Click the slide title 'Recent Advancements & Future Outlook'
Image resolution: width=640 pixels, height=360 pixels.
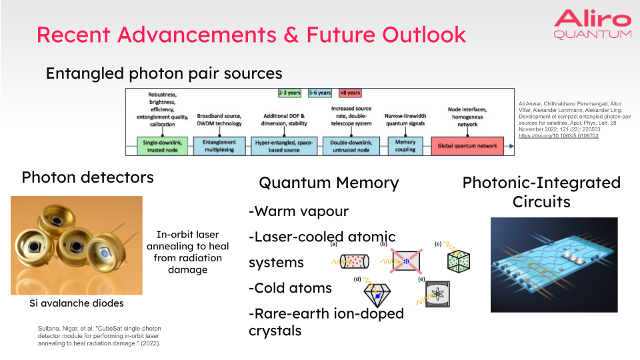(x=251, y=34)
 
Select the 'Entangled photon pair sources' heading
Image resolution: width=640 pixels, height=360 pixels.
(x=164, y=73)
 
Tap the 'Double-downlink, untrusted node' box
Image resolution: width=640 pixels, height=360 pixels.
(x=351, y=145)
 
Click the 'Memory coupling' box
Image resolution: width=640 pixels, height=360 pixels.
(x=405, y=145)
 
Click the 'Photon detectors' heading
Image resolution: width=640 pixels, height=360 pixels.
(x=87, y=177)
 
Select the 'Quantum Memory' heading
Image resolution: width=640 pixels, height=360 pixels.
(x=328, y=183)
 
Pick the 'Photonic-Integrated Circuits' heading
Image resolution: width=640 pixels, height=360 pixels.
(x=541, y=192)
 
